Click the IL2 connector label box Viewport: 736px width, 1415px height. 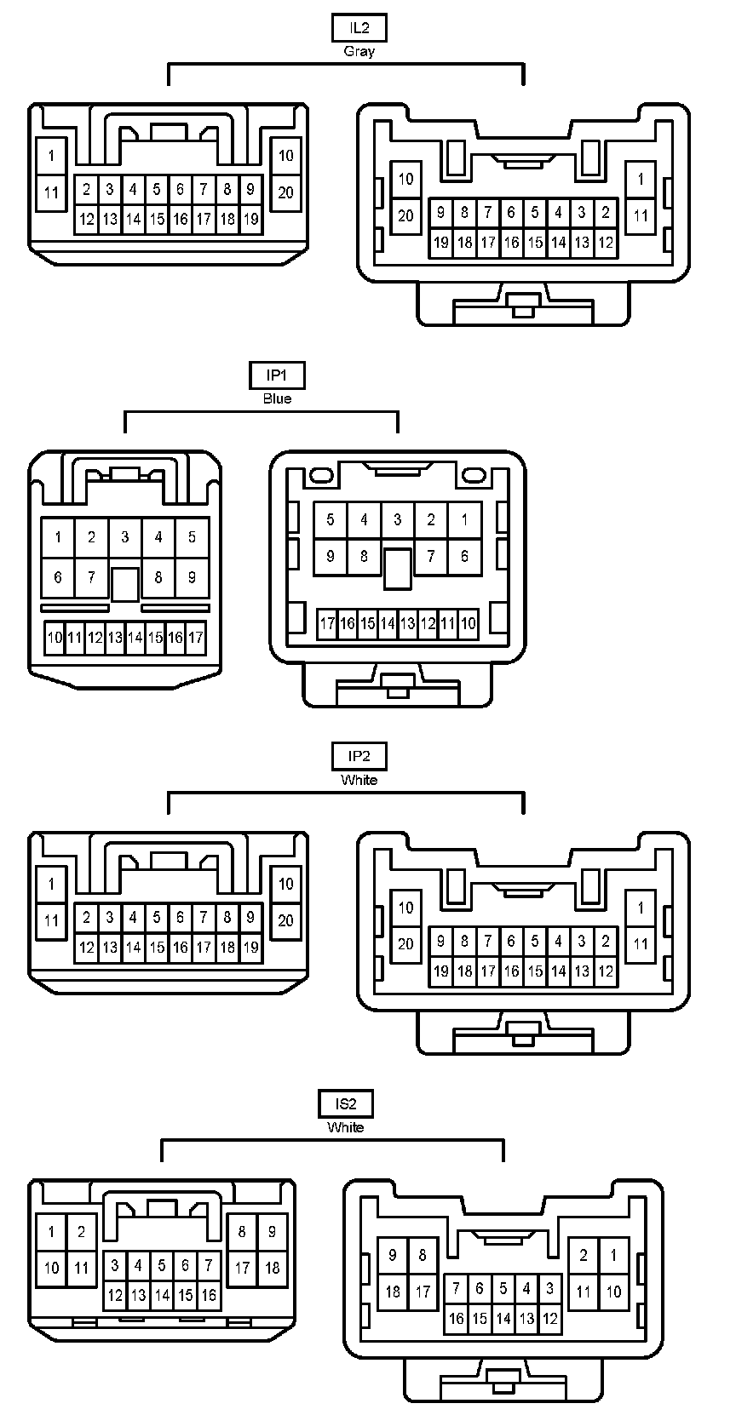tap(359, 28)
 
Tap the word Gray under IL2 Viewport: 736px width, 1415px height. tap(359, 51)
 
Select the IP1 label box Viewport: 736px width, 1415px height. tap(277, 375)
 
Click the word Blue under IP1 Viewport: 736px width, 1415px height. tap(277, 398)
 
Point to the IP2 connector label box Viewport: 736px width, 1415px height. tap(359, 756)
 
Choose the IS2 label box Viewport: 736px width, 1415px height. tap(346, 1104)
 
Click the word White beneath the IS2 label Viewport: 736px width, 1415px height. tap(346, 1127)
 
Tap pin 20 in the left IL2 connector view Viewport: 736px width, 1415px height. tap(285, 192)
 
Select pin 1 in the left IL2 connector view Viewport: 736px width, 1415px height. tap(52, 156)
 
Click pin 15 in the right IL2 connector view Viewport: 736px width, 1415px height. tap(535, 243)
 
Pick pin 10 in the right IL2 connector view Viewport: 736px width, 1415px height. tap(405, 179)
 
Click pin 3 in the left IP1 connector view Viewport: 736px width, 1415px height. tap(125, 537)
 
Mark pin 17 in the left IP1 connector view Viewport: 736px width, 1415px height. tap(196, 637)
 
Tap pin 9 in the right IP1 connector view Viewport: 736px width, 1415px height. tap(331, 557)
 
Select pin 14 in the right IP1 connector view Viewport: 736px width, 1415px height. tap(388, 624)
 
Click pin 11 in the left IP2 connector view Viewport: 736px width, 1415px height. tap(52, 920)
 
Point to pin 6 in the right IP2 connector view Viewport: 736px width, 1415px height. tap(511, 941)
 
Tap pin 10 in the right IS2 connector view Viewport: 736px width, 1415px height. tap(613, 1292)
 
